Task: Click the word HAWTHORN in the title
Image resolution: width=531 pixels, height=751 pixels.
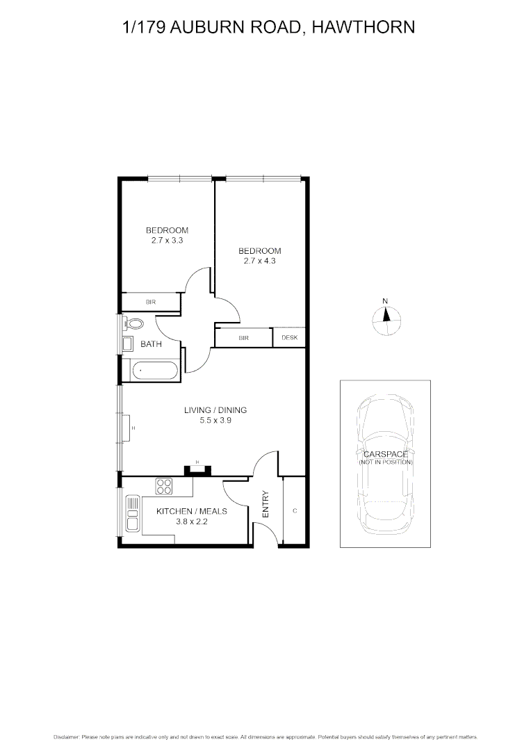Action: click(x=363, y=28)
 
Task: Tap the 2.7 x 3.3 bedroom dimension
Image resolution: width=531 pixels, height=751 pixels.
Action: click(x=167, y=240)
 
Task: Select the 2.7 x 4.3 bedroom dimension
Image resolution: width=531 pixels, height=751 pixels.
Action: click(x=259, y=261)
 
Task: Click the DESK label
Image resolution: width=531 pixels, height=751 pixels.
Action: click(x=289, y=338)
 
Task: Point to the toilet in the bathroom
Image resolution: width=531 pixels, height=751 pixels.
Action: click(x=135, y=324)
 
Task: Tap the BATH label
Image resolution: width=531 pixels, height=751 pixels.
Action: click(x=151, y=344)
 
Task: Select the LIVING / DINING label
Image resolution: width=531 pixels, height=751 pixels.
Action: click(x=215, y=410)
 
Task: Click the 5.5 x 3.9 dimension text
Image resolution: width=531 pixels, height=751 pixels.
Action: click(x=215, y=420)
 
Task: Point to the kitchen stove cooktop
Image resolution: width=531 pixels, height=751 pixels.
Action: click(x=163, y=486)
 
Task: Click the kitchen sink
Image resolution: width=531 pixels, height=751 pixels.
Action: click(x=131, y=515)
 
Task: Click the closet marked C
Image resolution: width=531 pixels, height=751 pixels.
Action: click(x=295, y=510)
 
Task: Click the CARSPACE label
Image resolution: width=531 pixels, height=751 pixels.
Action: click(x=386, y=454)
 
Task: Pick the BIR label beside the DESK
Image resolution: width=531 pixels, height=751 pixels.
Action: click(x=243, y=338)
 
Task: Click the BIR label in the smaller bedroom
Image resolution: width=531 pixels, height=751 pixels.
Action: click(x=150, y=302)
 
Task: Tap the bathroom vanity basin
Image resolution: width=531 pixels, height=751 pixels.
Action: click(x=128, y=344)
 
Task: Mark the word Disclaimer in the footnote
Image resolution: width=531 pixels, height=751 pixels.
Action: click(x=66, y=736)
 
